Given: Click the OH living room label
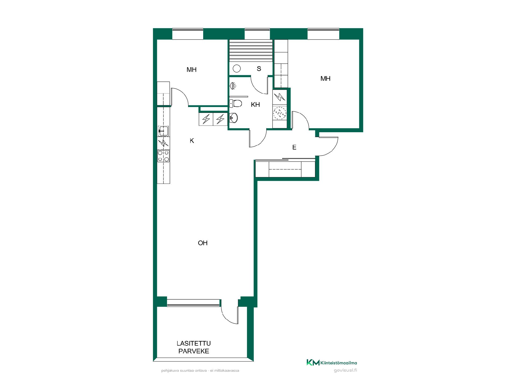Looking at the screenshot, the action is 203,243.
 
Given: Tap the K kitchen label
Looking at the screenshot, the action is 192,141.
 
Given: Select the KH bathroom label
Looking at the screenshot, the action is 255,105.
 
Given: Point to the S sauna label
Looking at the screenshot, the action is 259,69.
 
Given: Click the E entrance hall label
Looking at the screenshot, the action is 294,147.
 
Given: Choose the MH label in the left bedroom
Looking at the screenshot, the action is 192,70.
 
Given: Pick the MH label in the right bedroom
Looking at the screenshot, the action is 325,79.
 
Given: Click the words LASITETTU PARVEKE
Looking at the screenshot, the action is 194,347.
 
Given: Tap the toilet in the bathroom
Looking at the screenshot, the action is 236,103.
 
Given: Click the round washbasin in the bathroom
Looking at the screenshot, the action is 234,117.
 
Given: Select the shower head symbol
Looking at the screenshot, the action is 233,86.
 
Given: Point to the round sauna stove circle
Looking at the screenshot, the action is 236,69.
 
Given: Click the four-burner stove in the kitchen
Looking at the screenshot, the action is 163,156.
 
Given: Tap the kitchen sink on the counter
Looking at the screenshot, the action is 163,131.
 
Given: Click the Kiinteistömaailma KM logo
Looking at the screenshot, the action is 332,363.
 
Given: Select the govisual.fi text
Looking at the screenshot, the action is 345,370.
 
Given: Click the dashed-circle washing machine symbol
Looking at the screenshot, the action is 280,113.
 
